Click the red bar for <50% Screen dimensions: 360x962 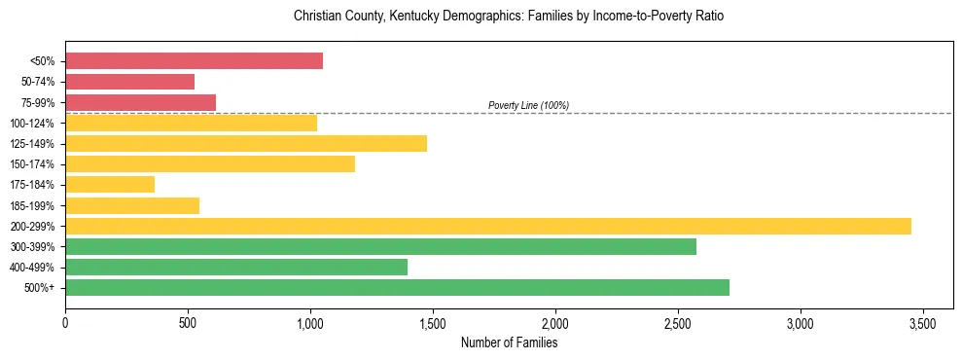[194, 61]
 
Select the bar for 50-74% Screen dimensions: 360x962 [129, 82]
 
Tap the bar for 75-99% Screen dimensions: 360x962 [140, 102]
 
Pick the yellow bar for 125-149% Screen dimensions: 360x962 [246, 144]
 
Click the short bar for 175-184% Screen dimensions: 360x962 [110, 185]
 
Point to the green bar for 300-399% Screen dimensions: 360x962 [380, 246]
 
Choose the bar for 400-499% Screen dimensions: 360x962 [236, 267]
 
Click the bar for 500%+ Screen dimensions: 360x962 [397, 287]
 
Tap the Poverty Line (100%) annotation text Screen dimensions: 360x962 [528, 105]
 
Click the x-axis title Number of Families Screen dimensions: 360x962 [509, 342]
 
